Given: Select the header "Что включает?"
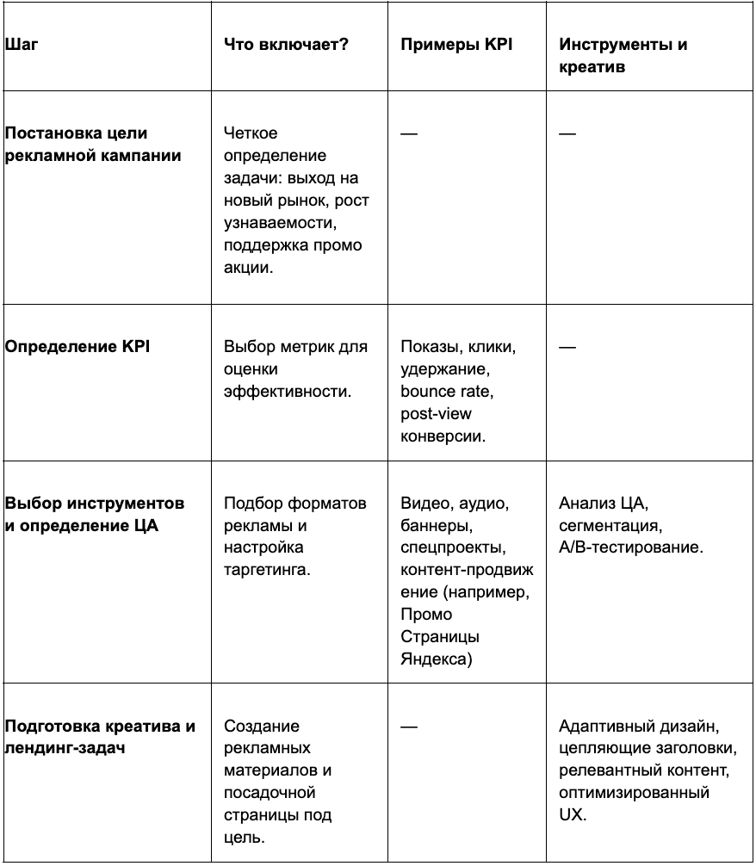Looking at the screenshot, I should [x=286, y=45].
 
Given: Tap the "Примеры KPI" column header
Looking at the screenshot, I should [x=456, y=45].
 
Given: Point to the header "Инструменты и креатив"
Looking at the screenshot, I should [x=623, y=56].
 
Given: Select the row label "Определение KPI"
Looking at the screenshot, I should [x=77, y=347].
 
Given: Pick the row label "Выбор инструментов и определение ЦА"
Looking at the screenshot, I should [x=94, y=514].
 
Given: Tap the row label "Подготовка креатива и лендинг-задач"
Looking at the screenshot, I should [x=100, y=737].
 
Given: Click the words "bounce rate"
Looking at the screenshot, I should [x=447, y=392].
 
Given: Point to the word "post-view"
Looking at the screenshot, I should [x=436, y=414].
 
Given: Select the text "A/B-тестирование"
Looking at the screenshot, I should [x=631, y=547].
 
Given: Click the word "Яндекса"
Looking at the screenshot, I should [x=436, y=659].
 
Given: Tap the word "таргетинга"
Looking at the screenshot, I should [x=266, y=570].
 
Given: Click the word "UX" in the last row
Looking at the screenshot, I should [x=573, y=815].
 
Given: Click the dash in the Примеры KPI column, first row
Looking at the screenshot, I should [x=409, y=134].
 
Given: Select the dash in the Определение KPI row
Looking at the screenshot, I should [x=567, y=347].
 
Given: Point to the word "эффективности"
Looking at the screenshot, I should [x=288, y=392].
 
